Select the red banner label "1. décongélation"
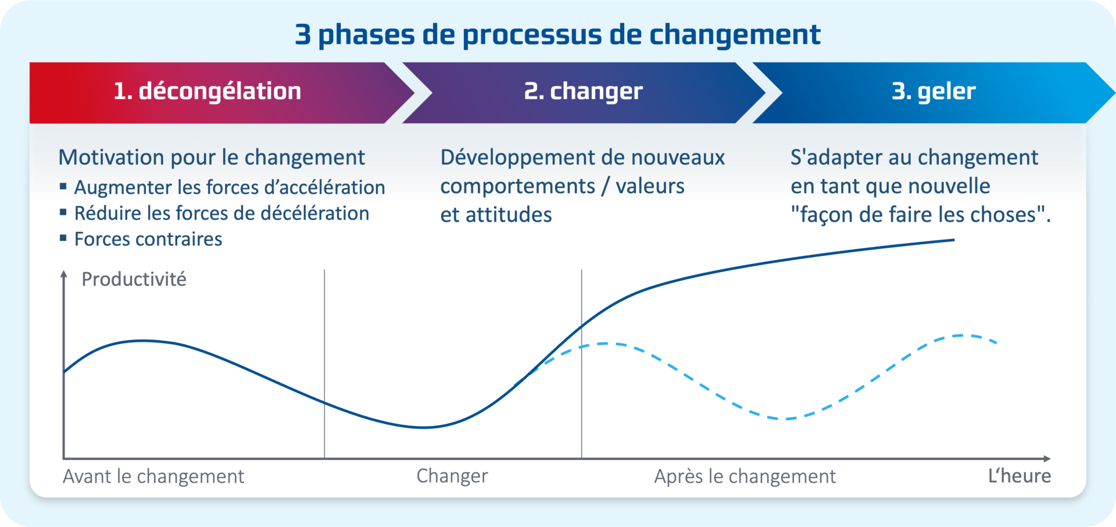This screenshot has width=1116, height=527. point(208,91)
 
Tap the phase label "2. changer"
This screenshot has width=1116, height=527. point(583,91)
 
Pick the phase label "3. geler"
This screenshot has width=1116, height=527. point(933,91)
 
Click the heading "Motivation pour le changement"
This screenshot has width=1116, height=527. point(212,158)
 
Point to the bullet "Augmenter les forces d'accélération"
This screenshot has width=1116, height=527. point(229,187)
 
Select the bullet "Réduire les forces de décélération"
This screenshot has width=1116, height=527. point(221,213)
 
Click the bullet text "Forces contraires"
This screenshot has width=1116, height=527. point(148,239)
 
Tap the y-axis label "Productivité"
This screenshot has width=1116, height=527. point(134,279)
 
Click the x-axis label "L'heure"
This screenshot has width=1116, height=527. point(1020,476)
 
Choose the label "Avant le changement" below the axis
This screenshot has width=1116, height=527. point(153,476)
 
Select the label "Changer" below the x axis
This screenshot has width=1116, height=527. point(452,476)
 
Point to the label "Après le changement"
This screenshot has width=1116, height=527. point(745,476)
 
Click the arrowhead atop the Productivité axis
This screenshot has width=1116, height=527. point(64,274)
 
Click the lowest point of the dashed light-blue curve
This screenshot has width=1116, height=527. point(786,418)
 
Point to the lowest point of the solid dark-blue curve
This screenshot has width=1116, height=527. point(425,428)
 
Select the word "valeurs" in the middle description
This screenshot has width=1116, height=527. point(650,186)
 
